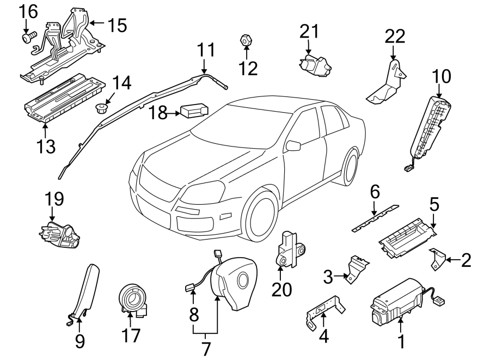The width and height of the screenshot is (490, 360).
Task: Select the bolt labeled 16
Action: tap(27, 38)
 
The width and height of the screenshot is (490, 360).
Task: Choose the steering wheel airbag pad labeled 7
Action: tap(231, 285)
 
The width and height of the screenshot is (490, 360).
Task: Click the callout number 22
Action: tap(395, 36)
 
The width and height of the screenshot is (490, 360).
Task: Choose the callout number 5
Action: tap(434, 204)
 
